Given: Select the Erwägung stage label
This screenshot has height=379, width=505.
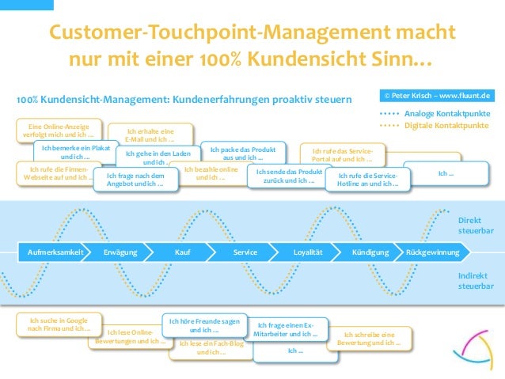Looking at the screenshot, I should click(x=120, y=252).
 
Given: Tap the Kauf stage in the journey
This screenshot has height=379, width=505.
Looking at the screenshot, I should click(x=183, y=252).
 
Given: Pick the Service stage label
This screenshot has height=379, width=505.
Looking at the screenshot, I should click(x=245, y=252).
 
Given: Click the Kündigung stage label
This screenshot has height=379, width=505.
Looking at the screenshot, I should click(x=370, y=252).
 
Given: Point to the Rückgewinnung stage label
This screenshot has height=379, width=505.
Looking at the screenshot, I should click(x=432, y=252).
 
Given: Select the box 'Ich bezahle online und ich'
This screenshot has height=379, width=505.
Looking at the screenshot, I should click(x=210, y=173).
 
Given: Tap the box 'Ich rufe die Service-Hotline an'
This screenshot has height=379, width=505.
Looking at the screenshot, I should click(x=367, y=180).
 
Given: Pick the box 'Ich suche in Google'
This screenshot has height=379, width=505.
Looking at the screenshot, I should click(x=59, y=324).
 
